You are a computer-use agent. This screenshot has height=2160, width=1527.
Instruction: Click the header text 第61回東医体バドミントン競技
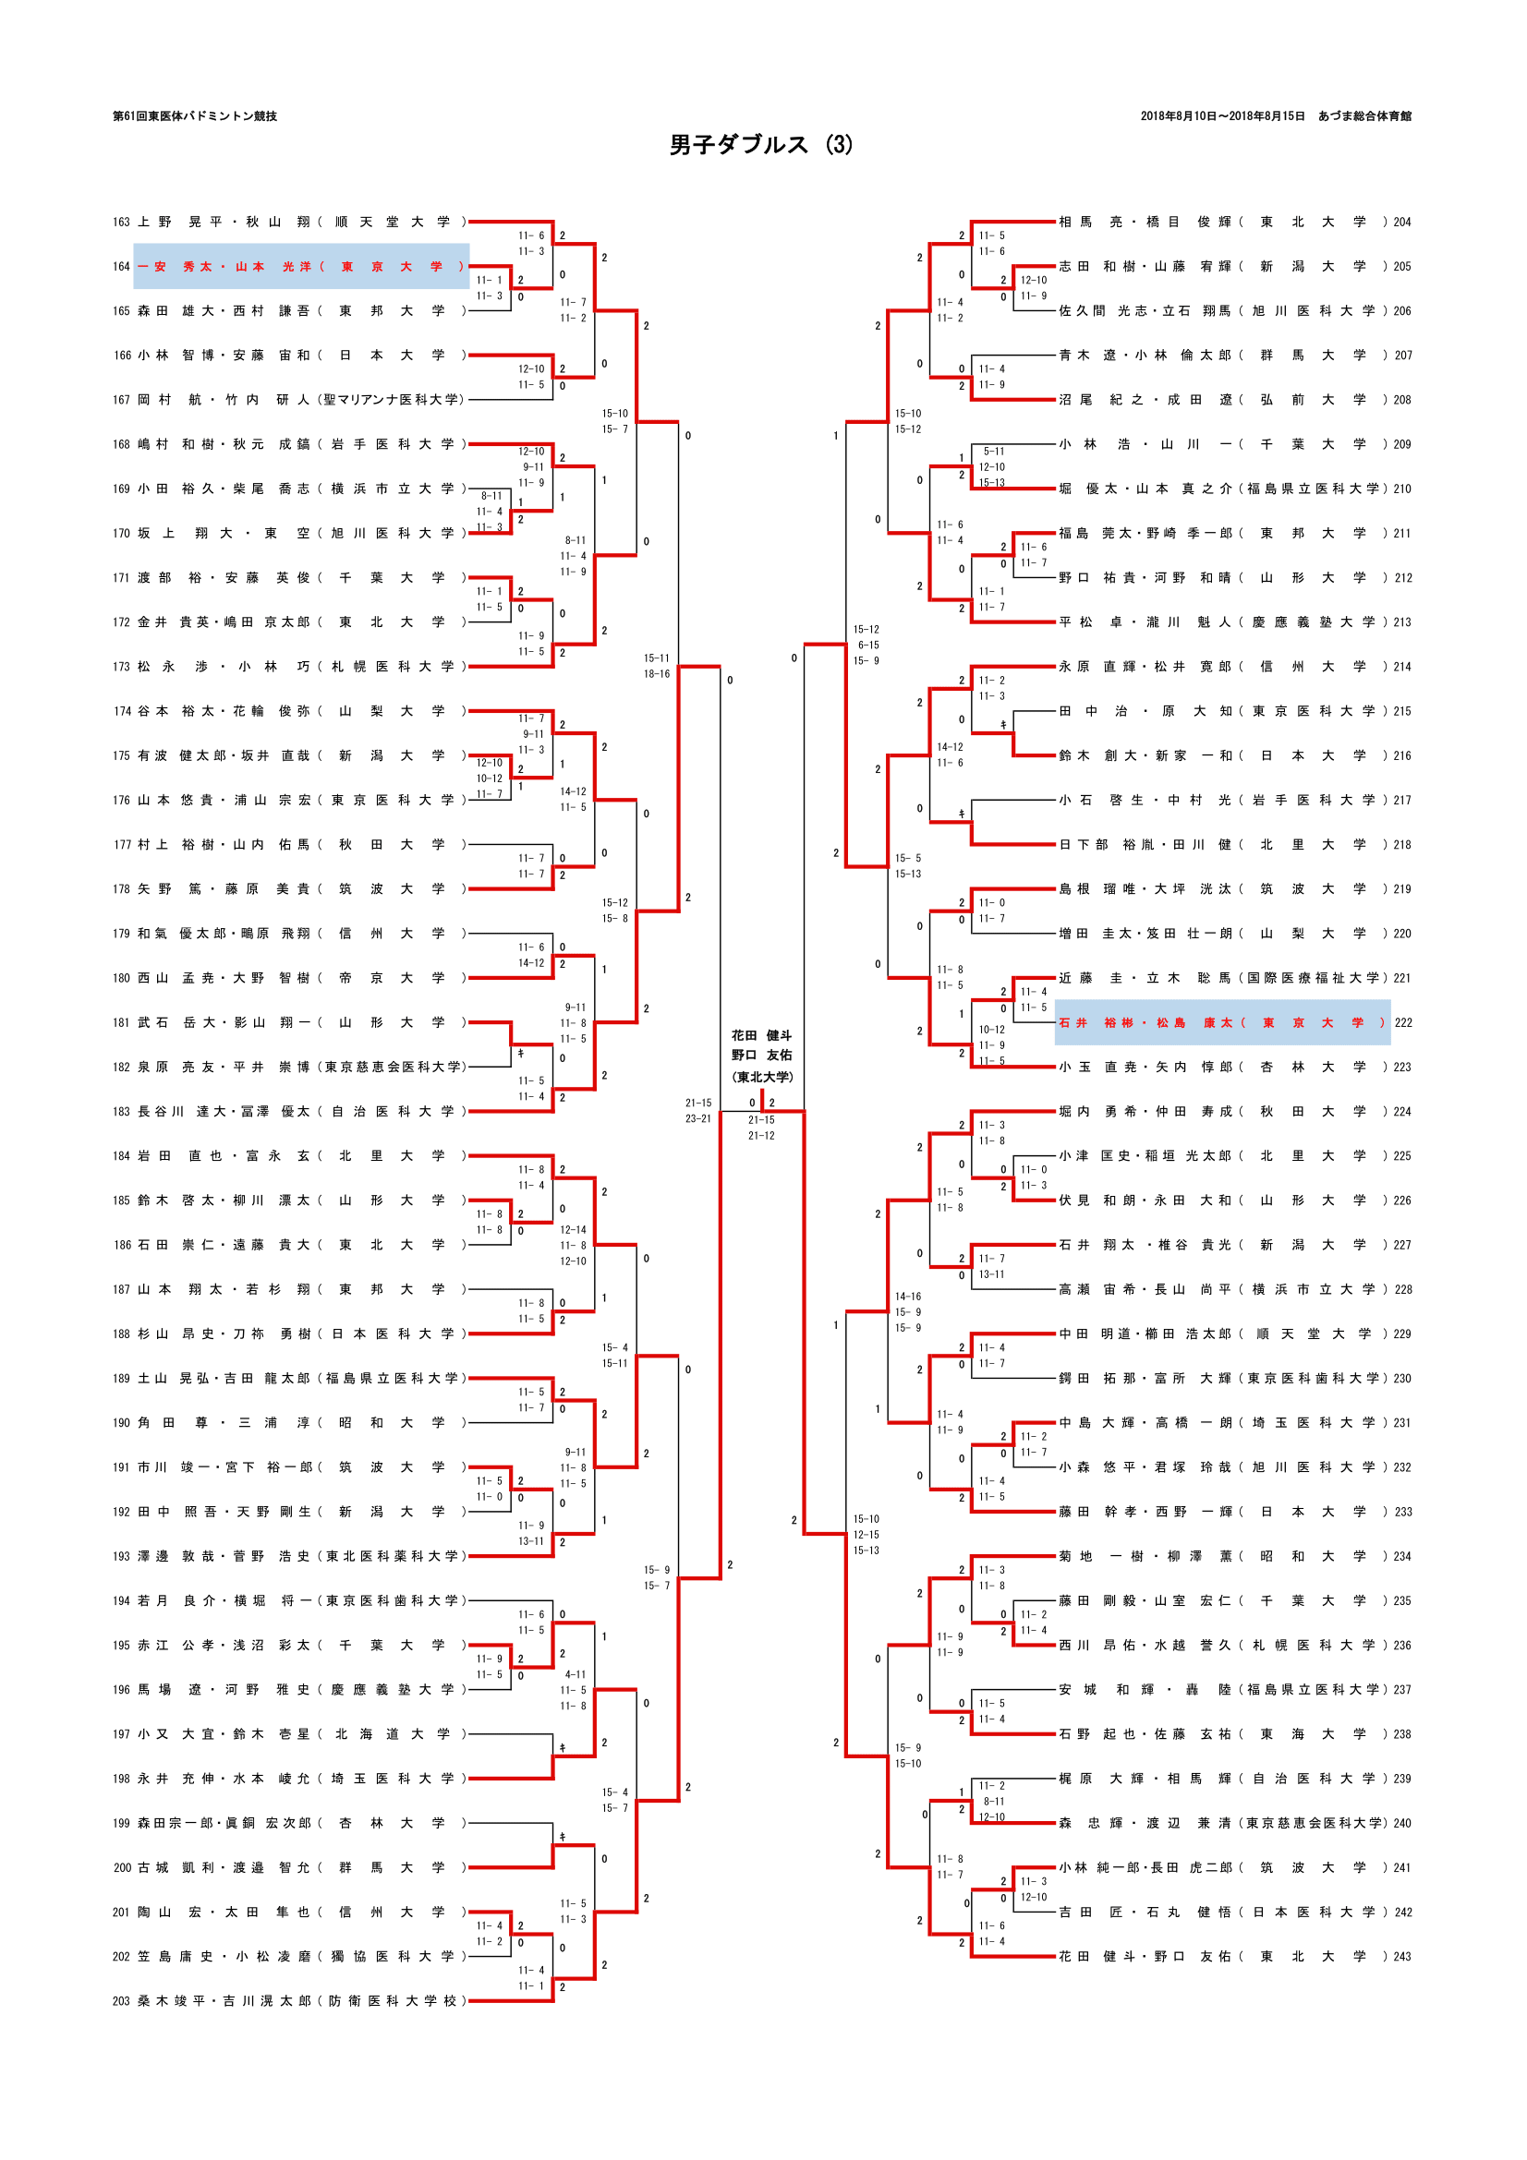click(x=195, y=116)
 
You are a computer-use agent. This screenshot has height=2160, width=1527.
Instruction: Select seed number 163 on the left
click(x=121, y=222)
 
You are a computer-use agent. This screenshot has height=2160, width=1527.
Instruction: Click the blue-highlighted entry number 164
click(x=121, y=267)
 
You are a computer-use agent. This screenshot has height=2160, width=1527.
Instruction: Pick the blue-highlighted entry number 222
click(x=1403, y=1023)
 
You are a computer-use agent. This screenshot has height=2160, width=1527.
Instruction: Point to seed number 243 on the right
click(x=1402, y=1957)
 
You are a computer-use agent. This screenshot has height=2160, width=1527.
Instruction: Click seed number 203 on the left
click(x=121, y=2001)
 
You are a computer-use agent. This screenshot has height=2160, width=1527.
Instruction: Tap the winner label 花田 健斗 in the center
click(x=762, y=1036)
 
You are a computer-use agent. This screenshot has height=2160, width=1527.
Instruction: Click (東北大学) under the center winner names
click(x=762, y=1077)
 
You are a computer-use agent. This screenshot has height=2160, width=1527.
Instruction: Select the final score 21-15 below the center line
click(x=761, y=1120)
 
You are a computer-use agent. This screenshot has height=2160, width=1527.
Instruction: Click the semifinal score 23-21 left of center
click(x=698, y=1119)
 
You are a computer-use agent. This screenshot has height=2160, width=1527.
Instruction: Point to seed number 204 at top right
click(x=1402, y=222)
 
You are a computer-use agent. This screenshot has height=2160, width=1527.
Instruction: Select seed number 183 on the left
click(x=121, y=1112)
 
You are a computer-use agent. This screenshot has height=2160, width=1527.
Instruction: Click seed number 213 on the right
click(x=1402, y=622)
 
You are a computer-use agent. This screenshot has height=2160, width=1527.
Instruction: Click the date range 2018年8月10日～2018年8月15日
click(x=1222, y=116)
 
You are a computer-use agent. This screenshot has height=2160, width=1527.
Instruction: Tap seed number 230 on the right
click(x=1402, y=1379)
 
